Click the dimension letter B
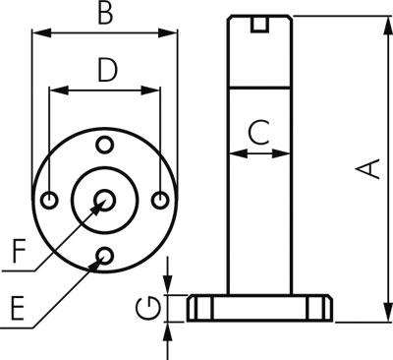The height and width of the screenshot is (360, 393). coord(106,14)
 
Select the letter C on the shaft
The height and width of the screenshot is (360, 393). coord(258,133)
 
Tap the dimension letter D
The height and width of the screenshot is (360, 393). coord(107,70)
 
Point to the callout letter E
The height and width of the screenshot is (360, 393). coord(18,308)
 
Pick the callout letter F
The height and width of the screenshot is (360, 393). coord(19,251)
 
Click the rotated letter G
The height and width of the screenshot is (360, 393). coord(148,308)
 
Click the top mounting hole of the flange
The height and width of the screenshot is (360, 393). coord(105,145)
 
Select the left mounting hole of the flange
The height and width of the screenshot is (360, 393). coord(50,200)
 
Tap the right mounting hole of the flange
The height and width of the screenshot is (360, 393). coord(160,200)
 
